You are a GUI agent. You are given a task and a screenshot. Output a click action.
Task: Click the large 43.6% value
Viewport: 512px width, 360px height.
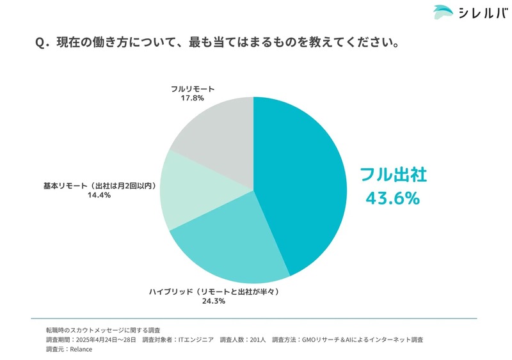(x=392, y=198)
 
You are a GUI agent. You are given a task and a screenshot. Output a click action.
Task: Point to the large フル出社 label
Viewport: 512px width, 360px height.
(x=392, y=175)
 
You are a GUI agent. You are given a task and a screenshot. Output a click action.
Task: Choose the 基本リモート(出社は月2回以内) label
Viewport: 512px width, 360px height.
(x=100, y=185)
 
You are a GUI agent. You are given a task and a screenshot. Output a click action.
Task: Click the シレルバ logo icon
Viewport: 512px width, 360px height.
(x=443, y=12)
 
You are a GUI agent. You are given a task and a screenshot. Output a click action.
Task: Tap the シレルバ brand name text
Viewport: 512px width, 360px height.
(x=480, y=13)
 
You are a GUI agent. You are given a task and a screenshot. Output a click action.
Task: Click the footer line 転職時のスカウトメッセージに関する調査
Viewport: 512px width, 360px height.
(x=103, y=329)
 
